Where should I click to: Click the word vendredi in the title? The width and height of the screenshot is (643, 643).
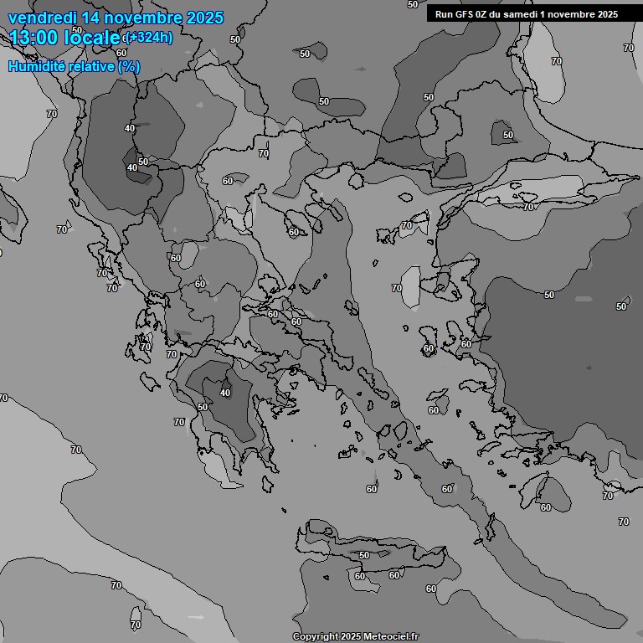coord(42,18)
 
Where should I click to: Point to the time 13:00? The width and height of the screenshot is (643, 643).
coord(35,37)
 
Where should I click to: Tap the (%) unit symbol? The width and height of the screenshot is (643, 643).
coord(129,66)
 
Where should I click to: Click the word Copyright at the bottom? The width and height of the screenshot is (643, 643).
coord(316,636)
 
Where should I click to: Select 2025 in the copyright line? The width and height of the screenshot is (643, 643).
coord(351,636)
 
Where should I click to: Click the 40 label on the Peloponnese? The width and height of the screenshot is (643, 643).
coord(224,392)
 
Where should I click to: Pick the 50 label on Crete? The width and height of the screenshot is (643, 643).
coord(364,555)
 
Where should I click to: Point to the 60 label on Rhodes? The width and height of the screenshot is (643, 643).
coord(545,507)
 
